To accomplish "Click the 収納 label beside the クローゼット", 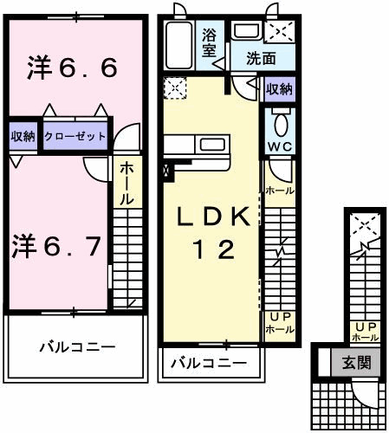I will click(23, 136).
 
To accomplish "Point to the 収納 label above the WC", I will click(279, 89).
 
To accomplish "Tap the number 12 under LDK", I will click(213, 251).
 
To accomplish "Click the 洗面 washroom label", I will click(261, 61).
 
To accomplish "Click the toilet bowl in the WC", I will click(280, 120).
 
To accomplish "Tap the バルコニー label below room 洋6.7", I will click(75, 346).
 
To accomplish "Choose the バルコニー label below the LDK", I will click(209, 362).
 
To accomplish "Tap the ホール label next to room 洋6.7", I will click(126, 184).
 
